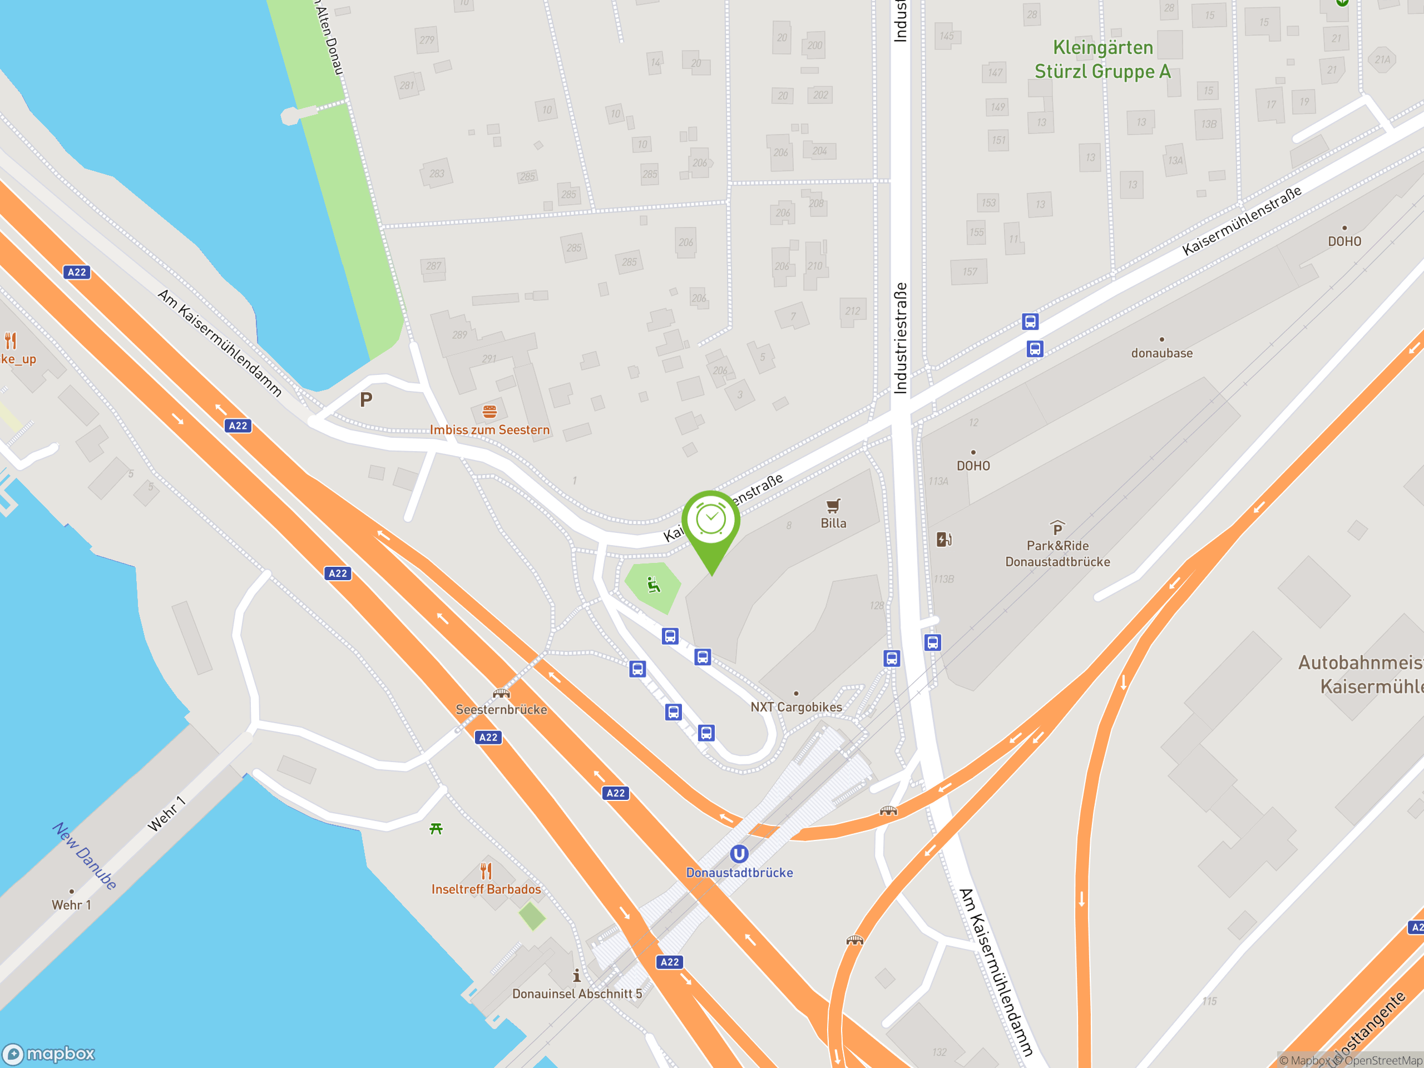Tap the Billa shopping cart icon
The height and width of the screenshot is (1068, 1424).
[833, 505]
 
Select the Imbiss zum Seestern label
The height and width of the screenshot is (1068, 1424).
[489, 429]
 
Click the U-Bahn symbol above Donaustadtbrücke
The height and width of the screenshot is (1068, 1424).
[739, 854]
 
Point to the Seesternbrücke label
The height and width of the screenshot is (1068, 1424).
[501, 709]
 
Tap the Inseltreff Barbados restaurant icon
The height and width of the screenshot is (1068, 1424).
[486, 871]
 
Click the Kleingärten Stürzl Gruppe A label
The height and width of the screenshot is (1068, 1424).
[1102, 59]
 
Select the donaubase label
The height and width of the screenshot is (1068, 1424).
[1161, 353]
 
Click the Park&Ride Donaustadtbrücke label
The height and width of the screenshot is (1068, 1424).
[1057, 553]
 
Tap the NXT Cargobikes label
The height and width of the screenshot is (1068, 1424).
[795, 707]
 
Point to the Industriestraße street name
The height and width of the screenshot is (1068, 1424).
[900, 338]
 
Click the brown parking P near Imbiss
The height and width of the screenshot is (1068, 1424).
[365, 400]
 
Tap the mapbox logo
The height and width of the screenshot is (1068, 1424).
[49, 1053]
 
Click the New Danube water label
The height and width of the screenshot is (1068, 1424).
[85, 856]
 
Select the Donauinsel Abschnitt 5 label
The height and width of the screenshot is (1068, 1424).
[577, 993]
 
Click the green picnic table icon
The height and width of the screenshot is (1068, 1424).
[436, 828]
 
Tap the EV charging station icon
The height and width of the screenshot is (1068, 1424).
[944, 540]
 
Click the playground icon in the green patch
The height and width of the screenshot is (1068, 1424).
[654, 585]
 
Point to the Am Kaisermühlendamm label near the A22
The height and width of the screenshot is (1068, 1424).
[220, 343]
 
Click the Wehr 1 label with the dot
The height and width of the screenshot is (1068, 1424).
[71, 904]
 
